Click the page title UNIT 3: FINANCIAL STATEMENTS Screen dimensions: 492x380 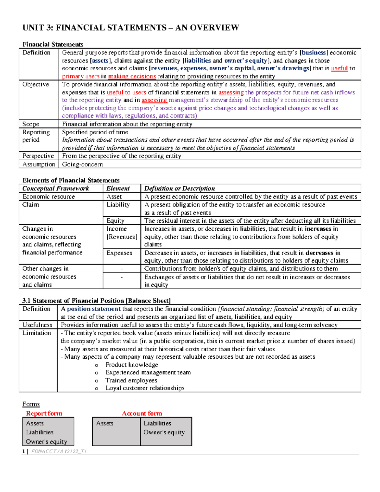tap(130, 28)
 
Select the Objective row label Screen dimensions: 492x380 tap(35, 84)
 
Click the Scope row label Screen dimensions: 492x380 tap(31, 124)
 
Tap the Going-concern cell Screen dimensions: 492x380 tap(82, 164)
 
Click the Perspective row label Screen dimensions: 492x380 tap(38, 156)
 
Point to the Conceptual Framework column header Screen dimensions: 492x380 tap(56, 188)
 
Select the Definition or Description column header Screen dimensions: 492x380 tap(179, 188)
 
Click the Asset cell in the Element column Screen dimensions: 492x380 tap(114, 196)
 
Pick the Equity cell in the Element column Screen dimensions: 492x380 tap(115, 220)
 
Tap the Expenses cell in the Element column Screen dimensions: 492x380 tap(119, 253)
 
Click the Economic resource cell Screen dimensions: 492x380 tap(48, 196)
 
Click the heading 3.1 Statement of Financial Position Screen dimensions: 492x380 tap(96, 300)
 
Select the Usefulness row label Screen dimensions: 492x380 tap(37, 325)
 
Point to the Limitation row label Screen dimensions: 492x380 tap(36, 333)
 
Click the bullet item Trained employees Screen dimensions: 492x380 tap(131, 380)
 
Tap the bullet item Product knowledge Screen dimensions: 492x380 tap(132, 365)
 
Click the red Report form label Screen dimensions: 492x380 tap(44, 413)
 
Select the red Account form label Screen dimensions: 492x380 tap(142, 413)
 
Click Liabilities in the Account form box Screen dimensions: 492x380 tap(157, 423)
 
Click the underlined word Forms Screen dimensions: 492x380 tap(31, 404)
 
